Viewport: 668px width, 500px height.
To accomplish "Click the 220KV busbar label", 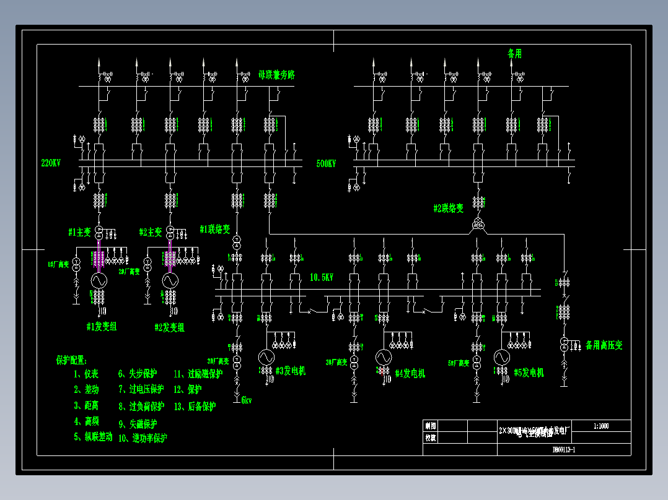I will click(x=51, y=163).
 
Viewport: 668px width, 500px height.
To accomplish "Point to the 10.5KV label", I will click(x=322, y=278).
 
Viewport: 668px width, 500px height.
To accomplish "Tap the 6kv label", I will click(x=246, y=400).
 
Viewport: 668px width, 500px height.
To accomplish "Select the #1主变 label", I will click(x=79, y=233).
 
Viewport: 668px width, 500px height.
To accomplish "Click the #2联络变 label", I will click(x=448, y=209).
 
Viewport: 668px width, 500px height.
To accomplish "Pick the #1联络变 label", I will click(x=215, y=230).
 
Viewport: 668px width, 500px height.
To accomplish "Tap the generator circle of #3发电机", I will click(x=266, y=357).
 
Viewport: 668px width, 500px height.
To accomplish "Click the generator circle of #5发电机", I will click(x=501, y=357).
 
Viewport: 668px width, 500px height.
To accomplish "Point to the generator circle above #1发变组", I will click(x=97, y=280).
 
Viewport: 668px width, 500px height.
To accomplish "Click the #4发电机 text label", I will click(x=410, y=373).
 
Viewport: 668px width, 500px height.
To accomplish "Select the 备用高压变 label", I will click(x=604, y=345).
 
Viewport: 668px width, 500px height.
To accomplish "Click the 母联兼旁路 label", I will click(x=276, y=75).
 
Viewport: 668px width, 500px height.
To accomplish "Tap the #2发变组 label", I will click(x=169, y=327).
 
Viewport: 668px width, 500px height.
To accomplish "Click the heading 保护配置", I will click(x=72, y=360).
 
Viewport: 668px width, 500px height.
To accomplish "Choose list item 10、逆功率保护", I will click(x=143, y=438).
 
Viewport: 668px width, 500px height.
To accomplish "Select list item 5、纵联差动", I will click(x=93, y=437).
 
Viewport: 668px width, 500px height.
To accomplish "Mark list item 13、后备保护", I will click(x=195, y=407).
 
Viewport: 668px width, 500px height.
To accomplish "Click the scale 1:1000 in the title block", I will click(x=601, y=426).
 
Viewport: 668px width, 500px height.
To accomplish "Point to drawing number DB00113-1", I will click(x=563, y=450).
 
